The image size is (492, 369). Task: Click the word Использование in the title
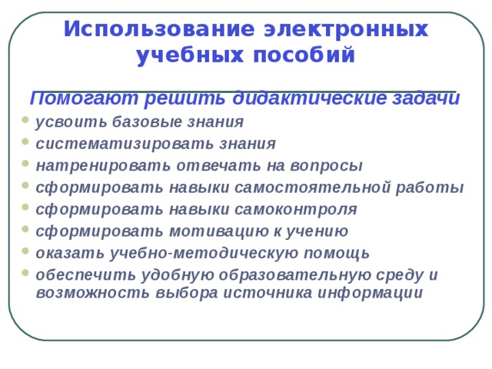click(158, 29)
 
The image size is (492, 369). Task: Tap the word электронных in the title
click(346, 29)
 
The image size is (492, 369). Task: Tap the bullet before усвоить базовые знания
click(25, 121)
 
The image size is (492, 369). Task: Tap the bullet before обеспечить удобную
click(25, 274)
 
